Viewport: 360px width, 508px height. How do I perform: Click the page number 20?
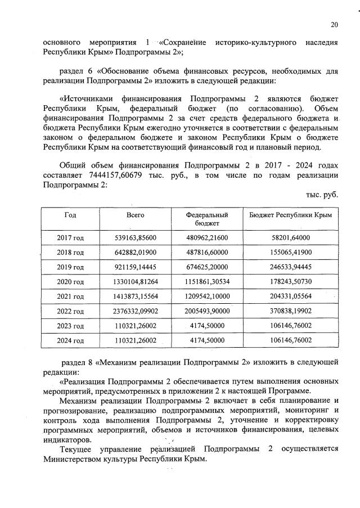point(334,25)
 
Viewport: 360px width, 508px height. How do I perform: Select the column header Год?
point(70,215)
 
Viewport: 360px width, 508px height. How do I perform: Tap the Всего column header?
point(136,215)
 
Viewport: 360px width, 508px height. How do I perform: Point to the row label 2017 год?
point(70,238)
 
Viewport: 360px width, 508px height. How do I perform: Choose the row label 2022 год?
point(70,311)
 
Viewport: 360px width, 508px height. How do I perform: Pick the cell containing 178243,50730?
point(290,282)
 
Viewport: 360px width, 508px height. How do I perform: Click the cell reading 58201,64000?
point(290,238)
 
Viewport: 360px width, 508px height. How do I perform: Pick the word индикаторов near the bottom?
point(66,439)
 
